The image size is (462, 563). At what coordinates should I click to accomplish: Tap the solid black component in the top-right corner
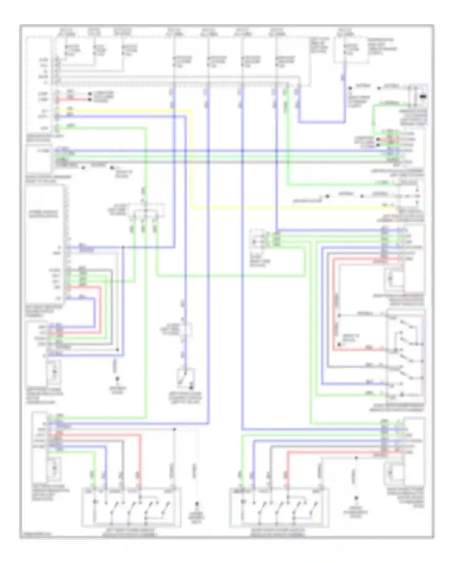423,97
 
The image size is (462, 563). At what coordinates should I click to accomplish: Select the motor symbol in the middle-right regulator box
391,279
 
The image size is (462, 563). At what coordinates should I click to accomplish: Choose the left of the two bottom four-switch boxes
131,507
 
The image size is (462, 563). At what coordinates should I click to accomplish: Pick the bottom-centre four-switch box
279,507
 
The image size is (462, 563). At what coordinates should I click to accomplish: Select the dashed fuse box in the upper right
351,51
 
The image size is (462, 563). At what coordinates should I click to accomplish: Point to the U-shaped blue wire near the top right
322,122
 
